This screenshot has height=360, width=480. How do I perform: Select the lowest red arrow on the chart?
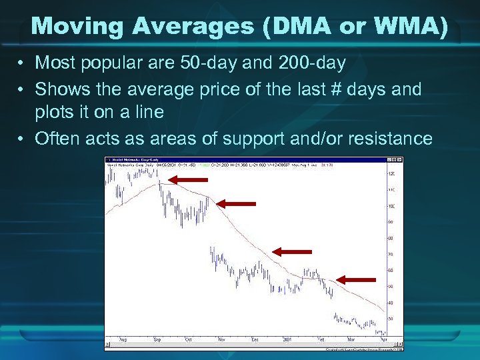tap(356, 279)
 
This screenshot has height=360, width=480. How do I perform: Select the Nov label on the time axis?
tap(220, 339)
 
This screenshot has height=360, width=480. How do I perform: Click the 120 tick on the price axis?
tap(391, 173)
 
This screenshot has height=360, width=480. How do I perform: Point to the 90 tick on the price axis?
tap(391, 222)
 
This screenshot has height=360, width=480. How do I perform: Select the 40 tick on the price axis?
tap(391, 303)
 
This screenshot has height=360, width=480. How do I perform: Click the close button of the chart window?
tap(399, 159)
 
